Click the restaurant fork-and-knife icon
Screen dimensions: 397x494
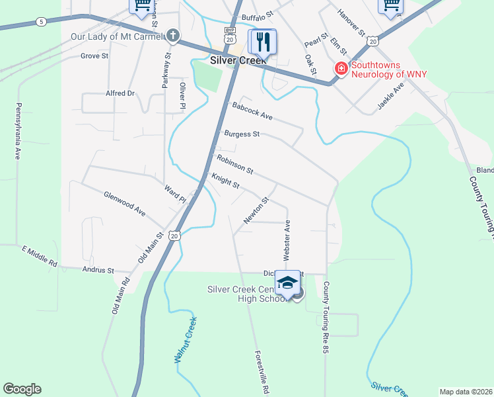pos(263,42)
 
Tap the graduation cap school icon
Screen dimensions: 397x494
pos(287,283)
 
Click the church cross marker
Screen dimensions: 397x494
pos(173,35)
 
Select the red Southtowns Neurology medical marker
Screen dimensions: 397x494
pos(341,68)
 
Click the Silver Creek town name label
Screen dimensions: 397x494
pos(238,60)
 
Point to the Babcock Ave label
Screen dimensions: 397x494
pos(252,110)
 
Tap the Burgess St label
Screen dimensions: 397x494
pos(242,134)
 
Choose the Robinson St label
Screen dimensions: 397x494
pos(234,164)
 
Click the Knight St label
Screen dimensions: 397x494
pos(225,180)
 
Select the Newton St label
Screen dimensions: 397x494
pos(256,210)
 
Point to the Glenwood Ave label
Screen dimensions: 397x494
pos(124,204)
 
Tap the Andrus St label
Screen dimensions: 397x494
pos(98,270)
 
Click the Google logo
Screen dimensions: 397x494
pos(22,389)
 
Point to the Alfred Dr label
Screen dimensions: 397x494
pos(120,93)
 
